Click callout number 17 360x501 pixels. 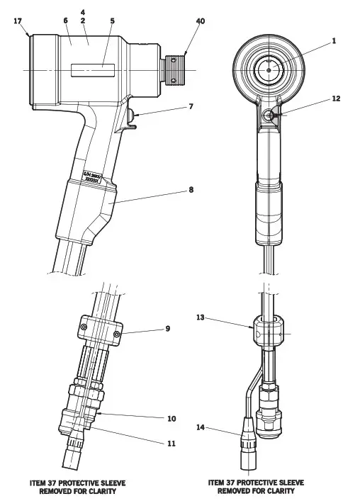point(17,21)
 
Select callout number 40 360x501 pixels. point(201,21)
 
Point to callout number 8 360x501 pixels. point(191,189)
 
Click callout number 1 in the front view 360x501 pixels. point(334,41)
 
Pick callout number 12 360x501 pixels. point(336,98)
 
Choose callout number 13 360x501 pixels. point(201,318)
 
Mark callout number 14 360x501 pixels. point(201,427)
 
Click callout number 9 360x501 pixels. point(168,329)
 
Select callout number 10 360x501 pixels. point(171,419)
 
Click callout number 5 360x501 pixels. point(112,21)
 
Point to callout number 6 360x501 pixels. point(65,21)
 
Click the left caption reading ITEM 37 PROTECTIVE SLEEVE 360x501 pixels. point(77,482)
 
